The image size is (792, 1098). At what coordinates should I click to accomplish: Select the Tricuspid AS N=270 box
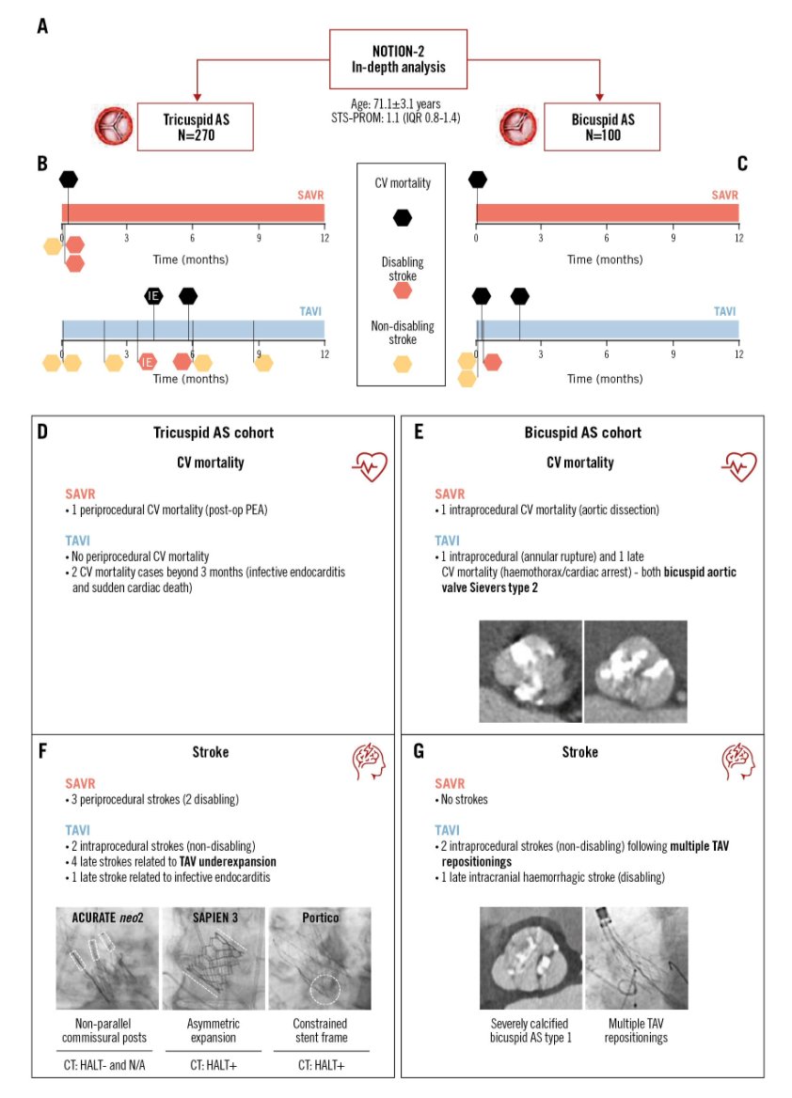196,126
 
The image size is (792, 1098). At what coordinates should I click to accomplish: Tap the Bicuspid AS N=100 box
602,126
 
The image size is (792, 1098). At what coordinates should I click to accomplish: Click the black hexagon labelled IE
153,296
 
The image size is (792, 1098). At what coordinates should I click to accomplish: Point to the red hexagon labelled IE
148,362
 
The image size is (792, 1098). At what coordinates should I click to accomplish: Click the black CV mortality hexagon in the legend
402,218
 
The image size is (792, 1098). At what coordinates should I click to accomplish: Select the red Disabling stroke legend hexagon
402,290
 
